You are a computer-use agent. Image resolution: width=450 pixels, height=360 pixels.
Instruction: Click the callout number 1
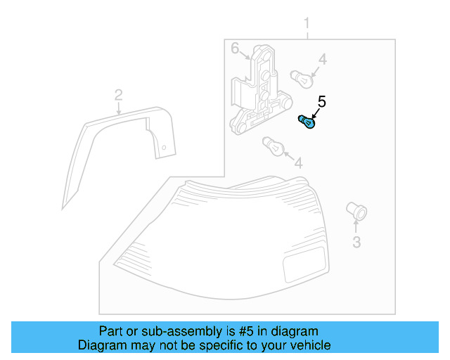[307, 27]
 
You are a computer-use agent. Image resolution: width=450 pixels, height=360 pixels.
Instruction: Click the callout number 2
[119, 95]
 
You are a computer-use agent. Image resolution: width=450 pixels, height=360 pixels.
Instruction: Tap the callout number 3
[356, 243]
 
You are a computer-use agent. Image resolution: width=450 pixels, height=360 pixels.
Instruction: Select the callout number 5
[321, 102]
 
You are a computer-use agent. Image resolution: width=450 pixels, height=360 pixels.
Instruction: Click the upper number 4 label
[321, 60]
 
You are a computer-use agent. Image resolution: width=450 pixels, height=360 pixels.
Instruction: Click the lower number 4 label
[298, 163]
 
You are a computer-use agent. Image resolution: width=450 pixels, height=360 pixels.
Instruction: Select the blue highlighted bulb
[307, 122]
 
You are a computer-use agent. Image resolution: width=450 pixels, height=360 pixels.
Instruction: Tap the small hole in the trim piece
[163, 148]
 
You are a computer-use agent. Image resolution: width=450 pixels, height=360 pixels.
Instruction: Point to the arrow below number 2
[119, 108]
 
